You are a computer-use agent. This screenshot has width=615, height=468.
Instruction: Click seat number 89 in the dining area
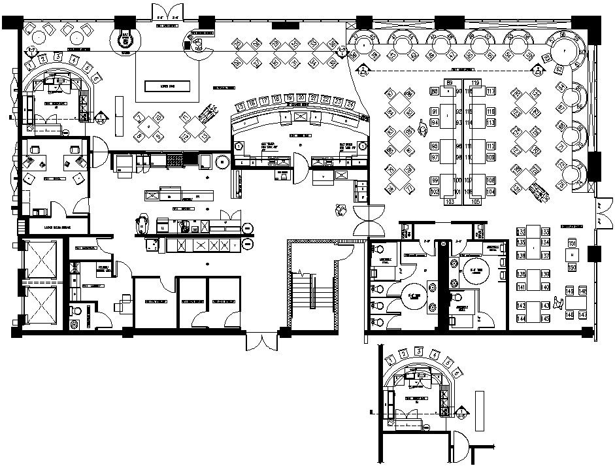point(450,82)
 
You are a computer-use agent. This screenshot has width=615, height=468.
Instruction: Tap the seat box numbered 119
point(475,82)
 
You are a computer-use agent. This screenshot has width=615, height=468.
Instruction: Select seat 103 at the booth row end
point(450,202)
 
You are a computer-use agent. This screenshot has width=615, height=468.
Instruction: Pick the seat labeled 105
point(475,202)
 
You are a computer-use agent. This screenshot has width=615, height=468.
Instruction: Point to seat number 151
point(572,243)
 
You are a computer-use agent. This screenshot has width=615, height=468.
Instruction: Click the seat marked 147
point(582,315)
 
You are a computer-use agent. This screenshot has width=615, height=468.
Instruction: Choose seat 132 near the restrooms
point(521,231)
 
